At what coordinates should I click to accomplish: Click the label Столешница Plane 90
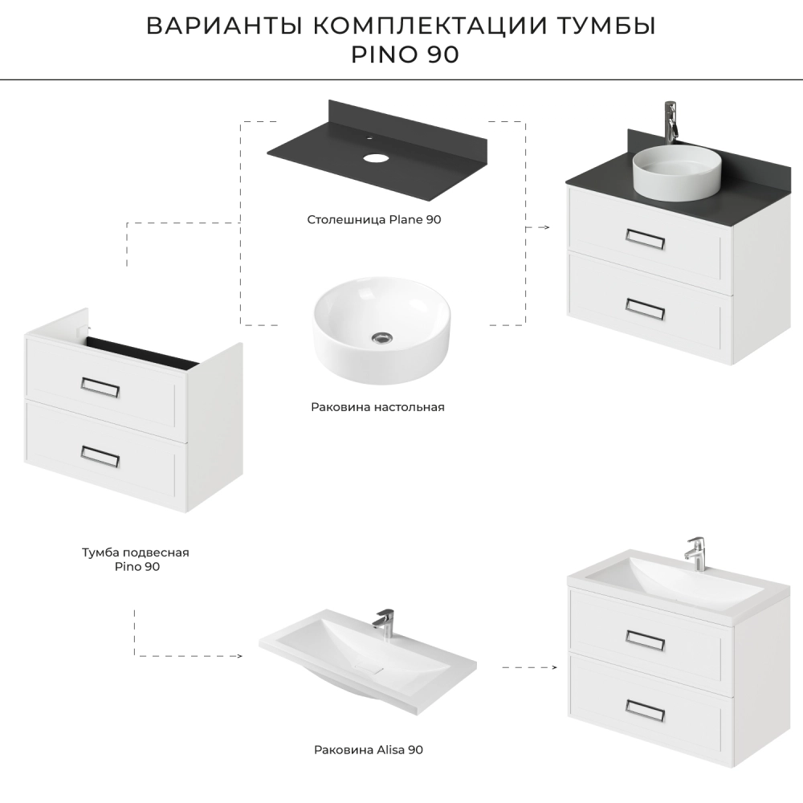click(x=374, y=220)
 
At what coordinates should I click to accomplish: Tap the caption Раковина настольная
click(x=377, y=407)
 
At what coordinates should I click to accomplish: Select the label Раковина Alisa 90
click(x=369, y=750)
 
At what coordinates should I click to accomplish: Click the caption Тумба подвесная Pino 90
click(x=136, y=559)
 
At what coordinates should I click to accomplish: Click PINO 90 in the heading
click(x=405, y=55)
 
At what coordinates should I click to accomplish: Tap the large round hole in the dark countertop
click(x=377, y=157)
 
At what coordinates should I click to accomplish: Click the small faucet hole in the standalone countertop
click(x=369, y=138)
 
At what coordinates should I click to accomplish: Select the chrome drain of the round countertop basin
click(x=382, y=337)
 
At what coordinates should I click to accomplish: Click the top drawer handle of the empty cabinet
click(x=100, y=388)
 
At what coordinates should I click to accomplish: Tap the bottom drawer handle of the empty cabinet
click(x=100, y=457)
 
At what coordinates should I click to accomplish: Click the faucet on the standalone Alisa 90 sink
click(x=383, y=622)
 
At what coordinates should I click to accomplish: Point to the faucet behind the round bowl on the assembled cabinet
click(x=671, y=122)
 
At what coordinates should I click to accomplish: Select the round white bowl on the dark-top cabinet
click(x=677, y=172)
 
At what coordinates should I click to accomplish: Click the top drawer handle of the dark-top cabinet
click(x=646, y=239)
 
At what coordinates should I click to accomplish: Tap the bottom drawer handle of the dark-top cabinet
click(x=646, y=309)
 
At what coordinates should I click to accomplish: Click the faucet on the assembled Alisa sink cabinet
click(x=695, y=553)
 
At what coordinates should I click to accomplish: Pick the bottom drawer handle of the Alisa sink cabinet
click(x=646, y=711)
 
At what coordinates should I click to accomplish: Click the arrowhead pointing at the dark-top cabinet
click(x=547, y=227)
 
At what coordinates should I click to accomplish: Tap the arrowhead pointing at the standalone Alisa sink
click(x=239, y=656)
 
